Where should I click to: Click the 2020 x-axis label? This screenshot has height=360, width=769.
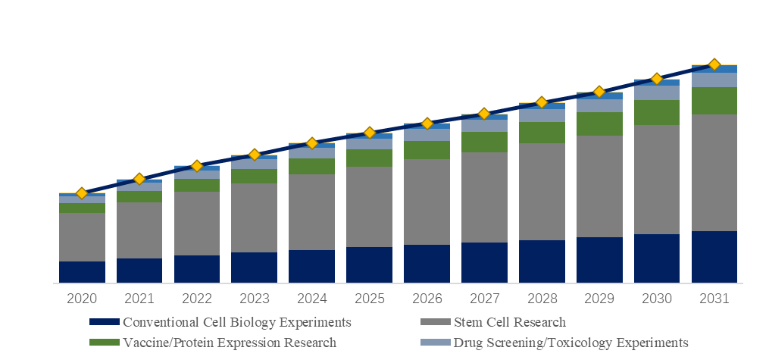point(82,299)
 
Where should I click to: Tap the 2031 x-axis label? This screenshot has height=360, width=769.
point(714,299)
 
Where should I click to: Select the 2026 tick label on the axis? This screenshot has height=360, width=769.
point(427,299)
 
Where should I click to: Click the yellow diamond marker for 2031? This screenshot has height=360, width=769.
point(714,64)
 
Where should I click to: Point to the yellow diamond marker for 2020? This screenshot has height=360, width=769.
point(82,193)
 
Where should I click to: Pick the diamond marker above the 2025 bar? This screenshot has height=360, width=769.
point(369,133)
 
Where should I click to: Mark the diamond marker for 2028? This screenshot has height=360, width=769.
point(542,102)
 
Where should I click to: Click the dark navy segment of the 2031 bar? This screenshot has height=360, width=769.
point(714,257)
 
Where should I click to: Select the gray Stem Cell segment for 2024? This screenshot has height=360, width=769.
point(311,212)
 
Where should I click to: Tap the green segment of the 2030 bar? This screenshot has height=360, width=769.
point(656,112)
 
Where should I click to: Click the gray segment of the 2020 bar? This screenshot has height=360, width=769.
point(82,236)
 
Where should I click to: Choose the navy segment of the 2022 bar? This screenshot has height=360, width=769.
point(197,269)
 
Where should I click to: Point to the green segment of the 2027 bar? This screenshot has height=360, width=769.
point(484,142)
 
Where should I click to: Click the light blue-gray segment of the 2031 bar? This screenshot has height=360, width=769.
point(714,80)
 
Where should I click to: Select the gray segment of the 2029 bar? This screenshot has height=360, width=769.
point(599,186)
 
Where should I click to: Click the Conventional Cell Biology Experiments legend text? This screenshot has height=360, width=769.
point(236,323)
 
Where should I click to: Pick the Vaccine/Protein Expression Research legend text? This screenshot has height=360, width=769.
point(229,343)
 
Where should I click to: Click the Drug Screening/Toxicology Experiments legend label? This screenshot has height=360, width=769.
point(570,343)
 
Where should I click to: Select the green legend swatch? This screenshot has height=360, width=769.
point(104,343)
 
